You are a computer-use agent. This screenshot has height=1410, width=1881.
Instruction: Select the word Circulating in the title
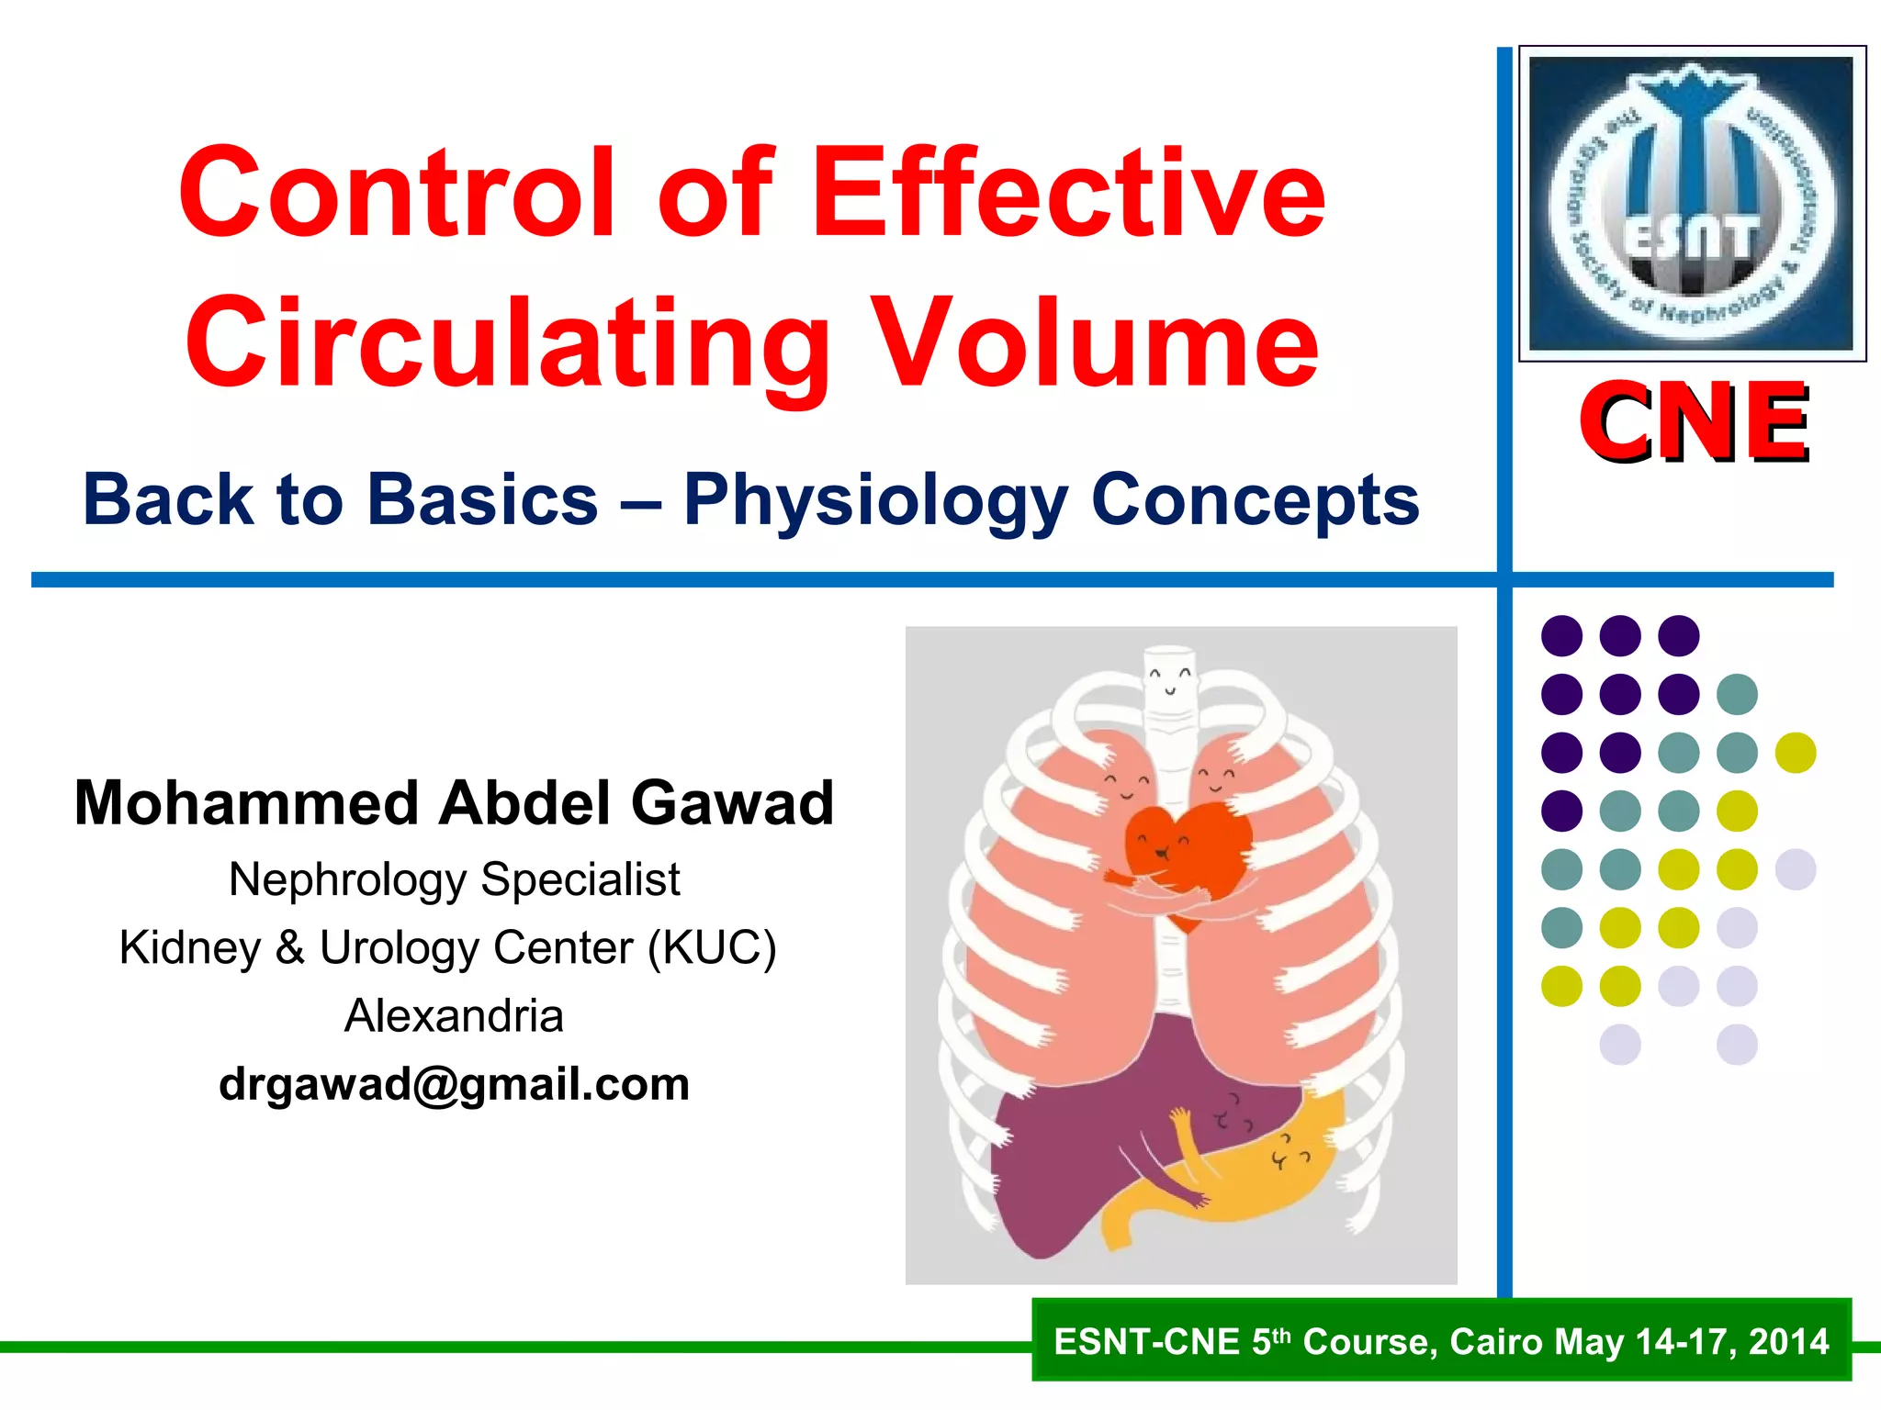(507, 344)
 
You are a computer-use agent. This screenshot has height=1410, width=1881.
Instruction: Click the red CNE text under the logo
(1694, 423)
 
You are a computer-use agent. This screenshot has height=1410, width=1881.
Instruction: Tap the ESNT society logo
(1692, 203)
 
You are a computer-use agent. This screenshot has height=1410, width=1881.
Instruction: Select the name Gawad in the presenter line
(732, 803)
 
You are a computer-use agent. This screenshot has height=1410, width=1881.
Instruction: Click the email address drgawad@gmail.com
(454, 1084)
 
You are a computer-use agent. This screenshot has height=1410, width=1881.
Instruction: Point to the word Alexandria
(454, 1016)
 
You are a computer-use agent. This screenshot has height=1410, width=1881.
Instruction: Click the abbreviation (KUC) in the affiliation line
(712, 947)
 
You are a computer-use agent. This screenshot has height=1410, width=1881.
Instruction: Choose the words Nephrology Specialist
(454, 879)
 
